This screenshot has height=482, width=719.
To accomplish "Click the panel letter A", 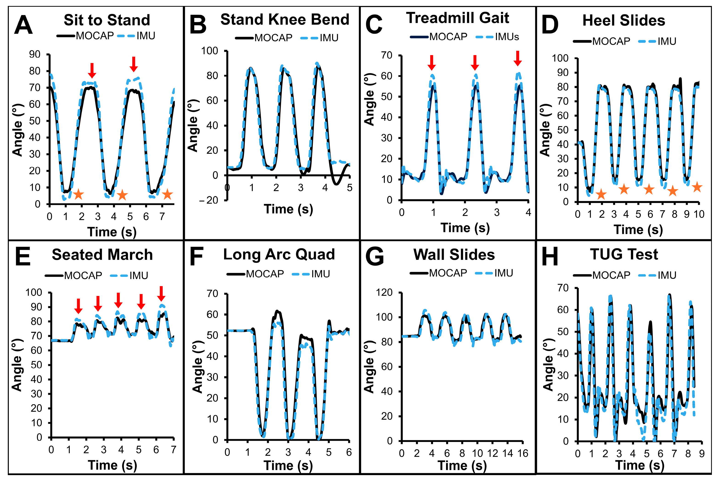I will (x=23, y=25).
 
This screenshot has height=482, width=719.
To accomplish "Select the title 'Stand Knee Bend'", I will (x=285, y=20).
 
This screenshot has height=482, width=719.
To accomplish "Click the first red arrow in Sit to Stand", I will (x=92, y=70).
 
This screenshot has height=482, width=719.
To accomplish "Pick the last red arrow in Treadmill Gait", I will (x=518, y=58).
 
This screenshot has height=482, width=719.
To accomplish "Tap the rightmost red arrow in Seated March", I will (x=161, y=294).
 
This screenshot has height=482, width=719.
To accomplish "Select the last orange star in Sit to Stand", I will (x=167, y=194).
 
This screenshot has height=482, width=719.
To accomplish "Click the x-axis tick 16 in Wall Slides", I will (x=522, y=453).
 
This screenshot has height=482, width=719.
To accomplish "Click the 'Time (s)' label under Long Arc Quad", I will (x=288, y=465).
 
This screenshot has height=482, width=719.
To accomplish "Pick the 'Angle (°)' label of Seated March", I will (x=17, y=365).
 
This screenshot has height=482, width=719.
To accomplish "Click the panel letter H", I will (x=549, y=257).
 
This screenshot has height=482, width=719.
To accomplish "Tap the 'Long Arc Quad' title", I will (x=279, y=255).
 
